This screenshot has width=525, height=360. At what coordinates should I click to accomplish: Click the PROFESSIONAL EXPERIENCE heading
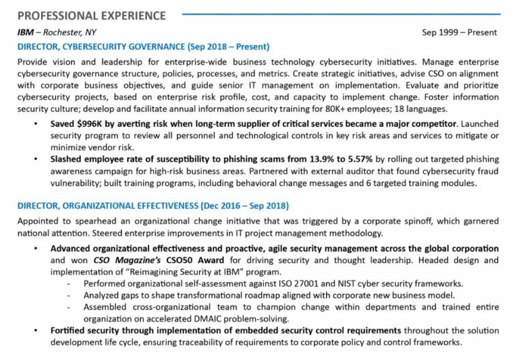92,15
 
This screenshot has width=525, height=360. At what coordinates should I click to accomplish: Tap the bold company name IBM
25,32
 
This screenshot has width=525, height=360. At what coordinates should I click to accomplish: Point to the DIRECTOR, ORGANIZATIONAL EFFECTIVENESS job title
153,206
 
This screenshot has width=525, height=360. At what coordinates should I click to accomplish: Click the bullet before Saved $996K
35,125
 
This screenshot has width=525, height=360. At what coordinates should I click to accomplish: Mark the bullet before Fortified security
35,331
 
